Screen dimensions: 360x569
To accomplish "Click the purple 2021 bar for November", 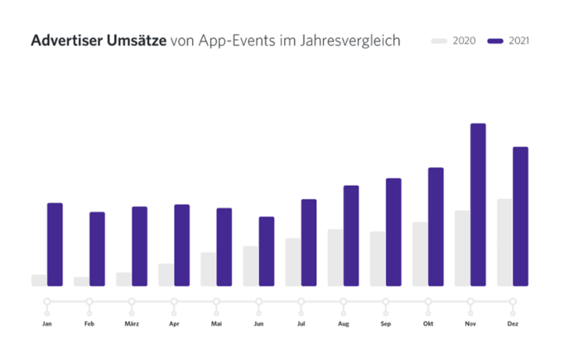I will pyautogui.click(x=478, y=205).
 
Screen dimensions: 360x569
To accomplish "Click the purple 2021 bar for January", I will pyautogui.click(x=54, y=244).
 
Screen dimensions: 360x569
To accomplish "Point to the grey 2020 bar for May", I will pyautogui.click(x=208, y=269).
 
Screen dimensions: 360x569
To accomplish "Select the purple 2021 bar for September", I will pyautogui.click(x=394, y=232).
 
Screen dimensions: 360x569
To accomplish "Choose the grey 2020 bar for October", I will pyautogui.click(x=420, y=254).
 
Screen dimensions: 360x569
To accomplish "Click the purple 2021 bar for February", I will pyautogui.click(x=96, y=249).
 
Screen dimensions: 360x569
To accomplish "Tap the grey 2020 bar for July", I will pyautogui.click(x=293, y=262).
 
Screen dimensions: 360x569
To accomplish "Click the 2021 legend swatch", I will pyautogui.click(x=495, y=41).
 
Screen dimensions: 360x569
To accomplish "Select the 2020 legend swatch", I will pyautogui.click(x=440, y=41).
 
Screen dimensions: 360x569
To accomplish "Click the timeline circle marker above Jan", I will pyautogui.click(x=47, y=301).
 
